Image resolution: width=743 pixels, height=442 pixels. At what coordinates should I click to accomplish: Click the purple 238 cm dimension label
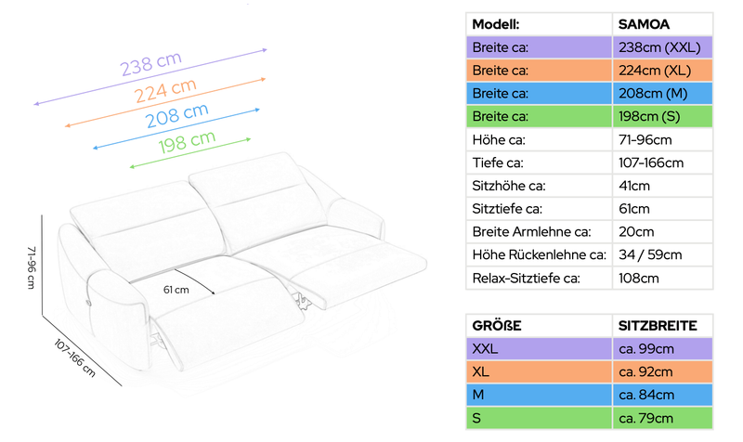coord(150,63)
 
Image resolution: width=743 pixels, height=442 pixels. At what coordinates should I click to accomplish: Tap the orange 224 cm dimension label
coord(165,90)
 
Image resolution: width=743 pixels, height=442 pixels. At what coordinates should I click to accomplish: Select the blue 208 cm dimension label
coord(176,115)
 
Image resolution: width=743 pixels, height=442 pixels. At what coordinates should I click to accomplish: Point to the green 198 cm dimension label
coord(187,142)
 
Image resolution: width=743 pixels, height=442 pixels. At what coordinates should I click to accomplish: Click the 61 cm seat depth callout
coord(176,290)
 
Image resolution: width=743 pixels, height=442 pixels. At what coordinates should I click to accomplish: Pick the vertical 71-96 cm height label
coord(32,267)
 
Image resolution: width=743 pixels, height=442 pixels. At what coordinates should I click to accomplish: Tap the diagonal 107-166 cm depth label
coord(74,357)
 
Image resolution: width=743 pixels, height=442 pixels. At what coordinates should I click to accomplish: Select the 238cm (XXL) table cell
coord(662,47)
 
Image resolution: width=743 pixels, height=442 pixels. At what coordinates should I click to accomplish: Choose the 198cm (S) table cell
coord(662,117)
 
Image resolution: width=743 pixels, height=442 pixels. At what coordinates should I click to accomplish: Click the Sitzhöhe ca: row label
coord(508,186)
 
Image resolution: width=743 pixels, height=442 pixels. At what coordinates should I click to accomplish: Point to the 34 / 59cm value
coord(650,254)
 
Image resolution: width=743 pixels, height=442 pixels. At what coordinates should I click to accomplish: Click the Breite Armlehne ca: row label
coord(531,231)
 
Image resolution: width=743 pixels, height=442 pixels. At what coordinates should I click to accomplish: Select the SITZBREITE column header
coord(658,326)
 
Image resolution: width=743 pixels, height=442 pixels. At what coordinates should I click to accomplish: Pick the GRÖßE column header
coord(497,326)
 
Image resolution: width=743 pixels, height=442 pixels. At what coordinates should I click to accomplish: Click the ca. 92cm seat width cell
coord(662,371)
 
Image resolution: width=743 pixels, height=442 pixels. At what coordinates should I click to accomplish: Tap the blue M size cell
coord(539,395)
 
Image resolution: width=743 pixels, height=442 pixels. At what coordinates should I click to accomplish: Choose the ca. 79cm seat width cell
coord(662,418)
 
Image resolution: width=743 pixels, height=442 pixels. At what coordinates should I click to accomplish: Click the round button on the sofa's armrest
coord(88,302)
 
